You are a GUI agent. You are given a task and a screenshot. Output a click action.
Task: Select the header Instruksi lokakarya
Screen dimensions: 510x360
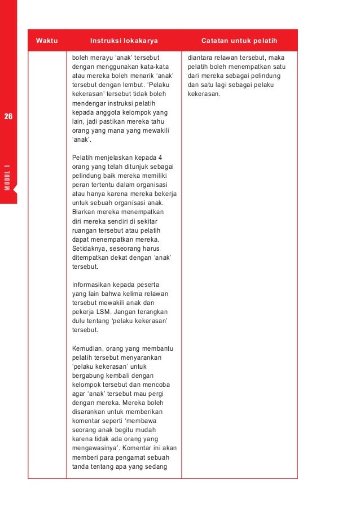click(124, 41)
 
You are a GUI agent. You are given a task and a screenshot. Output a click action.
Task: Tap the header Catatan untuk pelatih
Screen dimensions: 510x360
click(239, 41)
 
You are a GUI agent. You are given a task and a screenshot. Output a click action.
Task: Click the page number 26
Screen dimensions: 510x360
click(8, 117)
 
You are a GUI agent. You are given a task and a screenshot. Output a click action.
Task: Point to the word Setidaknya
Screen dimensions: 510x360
click(91, 249)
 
